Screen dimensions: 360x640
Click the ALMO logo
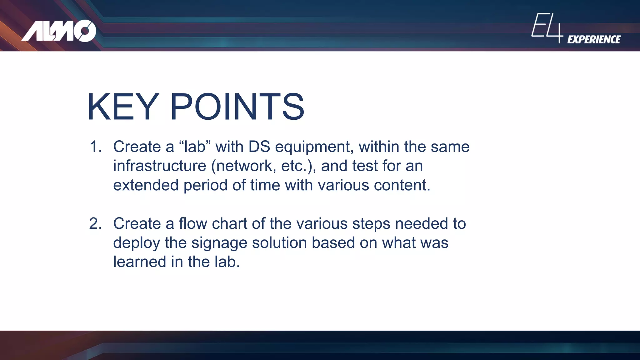pos(59,31)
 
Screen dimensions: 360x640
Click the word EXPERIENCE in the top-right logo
pos(594,40)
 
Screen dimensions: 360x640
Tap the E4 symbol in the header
pos(547,27)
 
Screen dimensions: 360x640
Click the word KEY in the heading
pos(123,107)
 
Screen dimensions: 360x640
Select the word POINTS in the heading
pos(237,107)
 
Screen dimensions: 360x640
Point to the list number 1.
pos(95,147)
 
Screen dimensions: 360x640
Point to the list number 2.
pos(95,224)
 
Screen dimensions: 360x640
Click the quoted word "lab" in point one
pos(195,147)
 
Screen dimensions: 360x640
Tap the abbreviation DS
pos(259,147)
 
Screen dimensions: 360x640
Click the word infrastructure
pos(159,166)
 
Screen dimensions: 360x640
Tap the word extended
pos(146,185)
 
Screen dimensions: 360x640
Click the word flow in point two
pos(193,224)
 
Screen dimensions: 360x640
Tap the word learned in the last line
pos(139,262)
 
